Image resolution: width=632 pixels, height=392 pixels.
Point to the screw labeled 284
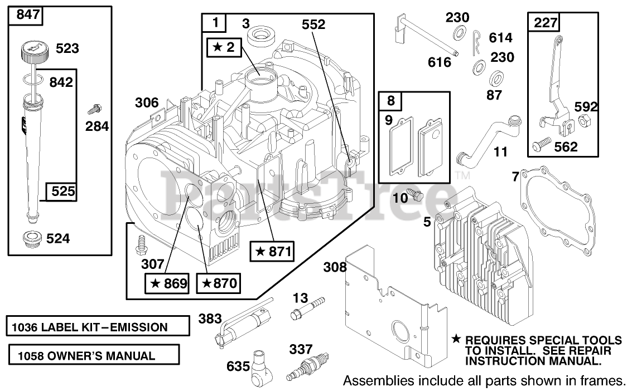pos(97,104)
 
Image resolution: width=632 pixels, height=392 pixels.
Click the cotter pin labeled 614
pos(475,42)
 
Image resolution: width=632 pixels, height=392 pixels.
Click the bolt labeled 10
pos(416,194)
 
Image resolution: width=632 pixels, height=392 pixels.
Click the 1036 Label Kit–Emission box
pos(98,327)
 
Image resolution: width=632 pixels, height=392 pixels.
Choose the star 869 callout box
pos(166,283)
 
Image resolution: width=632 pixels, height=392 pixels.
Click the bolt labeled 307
pos(142,244)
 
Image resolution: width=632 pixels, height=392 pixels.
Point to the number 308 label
pos(335,268)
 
